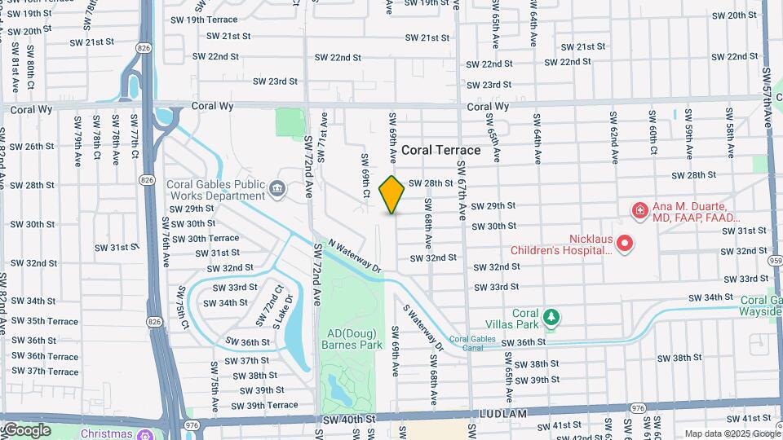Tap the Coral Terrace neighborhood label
[440, 151]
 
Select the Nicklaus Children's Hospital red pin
[625, 243]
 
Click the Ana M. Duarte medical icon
[641, 211]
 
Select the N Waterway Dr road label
[355, 255]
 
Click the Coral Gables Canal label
[473, 343]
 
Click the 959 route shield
[775, 260]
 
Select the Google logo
[27, 429]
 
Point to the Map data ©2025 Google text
[731, 433]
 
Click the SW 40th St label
[347, 418]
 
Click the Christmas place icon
[144, 433]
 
